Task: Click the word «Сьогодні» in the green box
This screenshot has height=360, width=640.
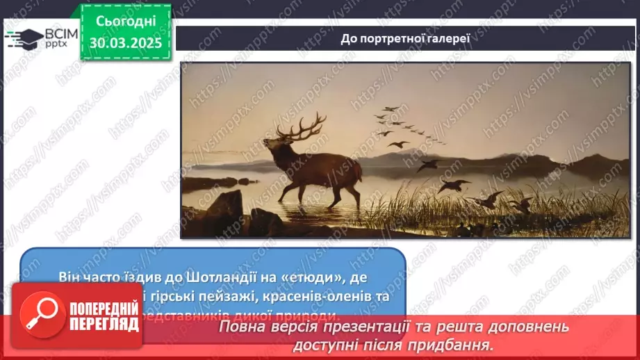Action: pos(125,22)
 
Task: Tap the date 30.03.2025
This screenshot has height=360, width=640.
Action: pos(125,43)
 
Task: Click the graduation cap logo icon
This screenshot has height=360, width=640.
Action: pos(24,38)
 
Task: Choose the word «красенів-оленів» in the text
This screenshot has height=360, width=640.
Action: pos(293,295)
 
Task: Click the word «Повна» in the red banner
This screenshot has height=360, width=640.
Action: pos(245,327)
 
